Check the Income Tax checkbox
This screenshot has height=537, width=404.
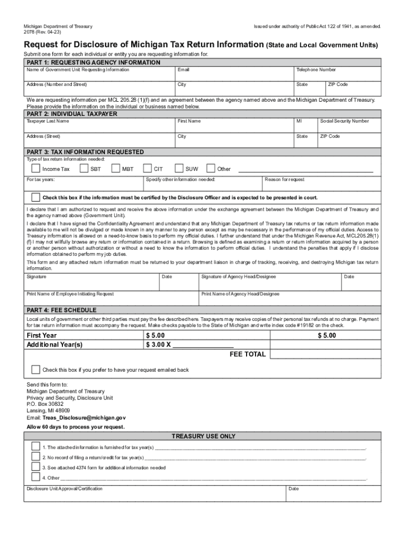pos(36,169)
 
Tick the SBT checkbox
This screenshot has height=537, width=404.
pos(83,169)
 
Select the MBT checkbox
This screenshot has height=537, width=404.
pos(115,169)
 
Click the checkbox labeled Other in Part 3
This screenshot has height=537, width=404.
pos(210,169)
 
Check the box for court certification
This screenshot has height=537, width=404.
pos(36,198)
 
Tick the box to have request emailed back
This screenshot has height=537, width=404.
pos(36,370)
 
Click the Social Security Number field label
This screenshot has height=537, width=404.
pos(344,121)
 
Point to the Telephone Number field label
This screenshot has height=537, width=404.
pos(316,70)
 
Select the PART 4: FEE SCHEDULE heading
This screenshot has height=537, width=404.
pos(61,310)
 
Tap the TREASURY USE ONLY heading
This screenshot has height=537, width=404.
pos(204,436)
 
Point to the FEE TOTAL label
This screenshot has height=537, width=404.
pos(248,355)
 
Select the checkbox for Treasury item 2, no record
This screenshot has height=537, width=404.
pos(36,457)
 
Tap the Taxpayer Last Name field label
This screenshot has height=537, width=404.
pos(48,121)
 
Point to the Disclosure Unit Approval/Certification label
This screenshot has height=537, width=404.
pos(65,489)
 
